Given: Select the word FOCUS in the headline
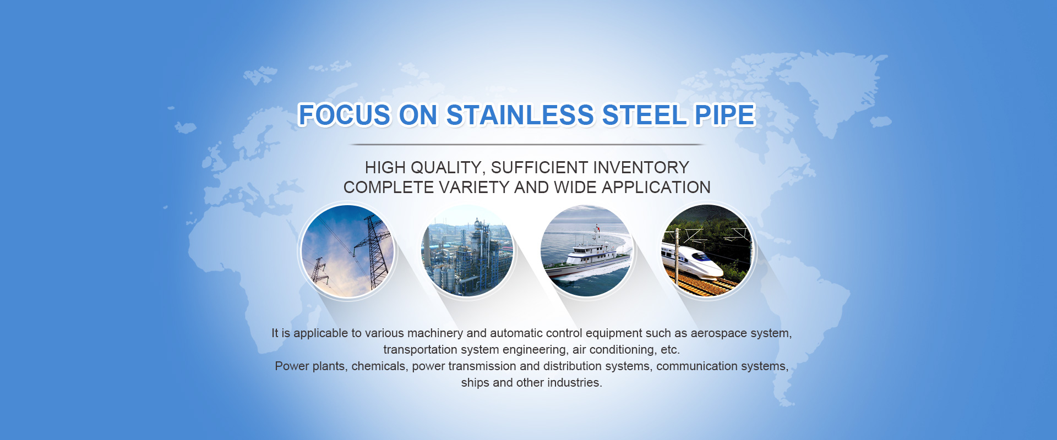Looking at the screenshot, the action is pos(344,115).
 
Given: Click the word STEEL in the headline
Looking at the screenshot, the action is pos(645,115).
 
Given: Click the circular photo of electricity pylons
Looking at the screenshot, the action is pos(347,251).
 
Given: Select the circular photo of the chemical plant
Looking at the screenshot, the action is pos(467,251).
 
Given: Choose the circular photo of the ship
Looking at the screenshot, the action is pos(587,251).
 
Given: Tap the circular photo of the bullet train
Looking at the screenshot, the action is pos(707,251).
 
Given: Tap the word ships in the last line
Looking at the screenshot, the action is pos(475,383).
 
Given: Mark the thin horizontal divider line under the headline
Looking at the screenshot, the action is pos(527,145).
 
